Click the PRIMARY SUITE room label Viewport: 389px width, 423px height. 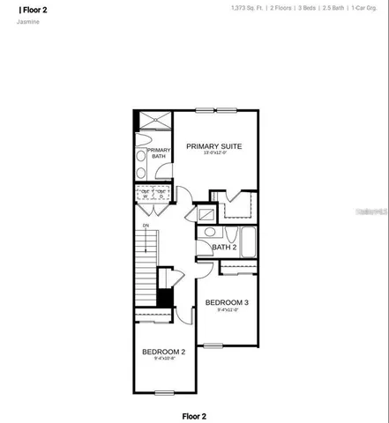pyautogui.click(x=213, y=145)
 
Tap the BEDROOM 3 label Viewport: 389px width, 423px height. pyautogui.click(x=227, y=302)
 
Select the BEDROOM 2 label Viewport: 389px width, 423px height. pyautogui.click(x=164, y=351)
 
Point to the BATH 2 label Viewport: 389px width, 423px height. pyautogui.click(x=224, y=248)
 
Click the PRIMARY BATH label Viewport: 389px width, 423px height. pyautogui.click(x=159, y=153)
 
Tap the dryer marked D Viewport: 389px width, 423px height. pyautogui.click(x=162, y=195)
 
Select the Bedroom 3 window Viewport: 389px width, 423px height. pyautogui.click(x=213, y=344)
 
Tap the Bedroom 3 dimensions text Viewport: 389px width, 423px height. pyautogui.click(x=227, y=310)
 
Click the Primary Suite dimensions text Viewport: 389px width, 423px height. pyautogui.click(x=213, y=153)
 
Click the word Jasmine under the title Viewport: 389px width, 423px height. pyautogui.click(x=27, y=22)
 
